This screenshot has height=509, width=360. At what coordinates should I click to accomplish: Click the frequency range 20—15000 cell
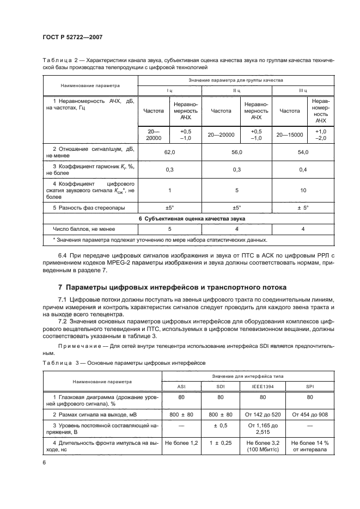point(289,134)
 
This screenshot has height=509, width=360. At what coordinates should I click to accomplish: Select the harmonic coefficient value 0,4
point(303,170)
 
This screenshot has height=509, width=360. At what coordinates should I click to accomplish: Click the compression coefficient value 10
point(303,191)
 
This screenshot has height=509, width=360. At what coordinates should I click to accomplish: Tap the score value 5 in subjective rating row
point(169,229)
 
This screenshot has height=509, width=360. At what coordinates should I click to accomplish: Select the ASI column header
point(181,387)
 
